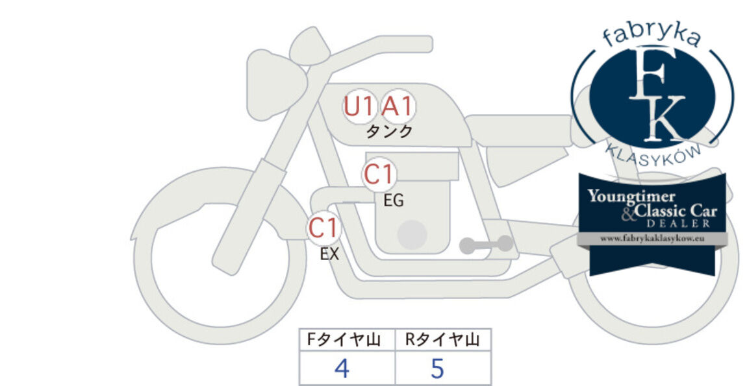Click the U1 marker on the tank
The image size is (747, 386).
(x=359, y=106)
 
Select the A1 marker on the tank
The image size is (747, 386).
(x=398, y=106)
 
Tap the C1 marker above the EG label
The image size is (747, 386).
(x=379, y=175)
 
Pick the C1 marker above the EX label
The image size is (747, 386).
(x=324, y=228)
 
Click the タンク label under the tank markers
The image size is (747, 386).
(x=388, y=131)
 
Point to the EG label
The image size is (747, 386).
(x=394, y=200)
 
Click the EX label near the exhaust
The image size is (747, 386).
(x=329, y=254)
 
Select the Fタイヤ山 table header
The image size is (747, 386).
(x=344, y=339)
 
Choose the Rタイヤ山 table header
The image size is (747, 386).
(x=442, y=339)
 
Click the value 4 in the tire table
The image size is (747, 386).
(x=342, y=368)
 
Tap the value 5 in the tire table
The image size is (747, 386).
(x=437, y=368)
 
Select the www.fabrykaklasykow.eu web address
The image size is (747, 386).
(x=652, y=239)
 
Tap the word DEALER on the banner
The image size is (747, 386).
(x=678, y=223)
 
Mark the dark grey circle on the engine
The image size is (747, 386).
(x=412, y=235)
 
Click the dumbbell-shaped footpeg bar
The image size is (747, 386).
(x=487, y=245)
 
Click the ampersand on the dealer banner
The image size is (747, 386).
(x=629, y=215)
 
